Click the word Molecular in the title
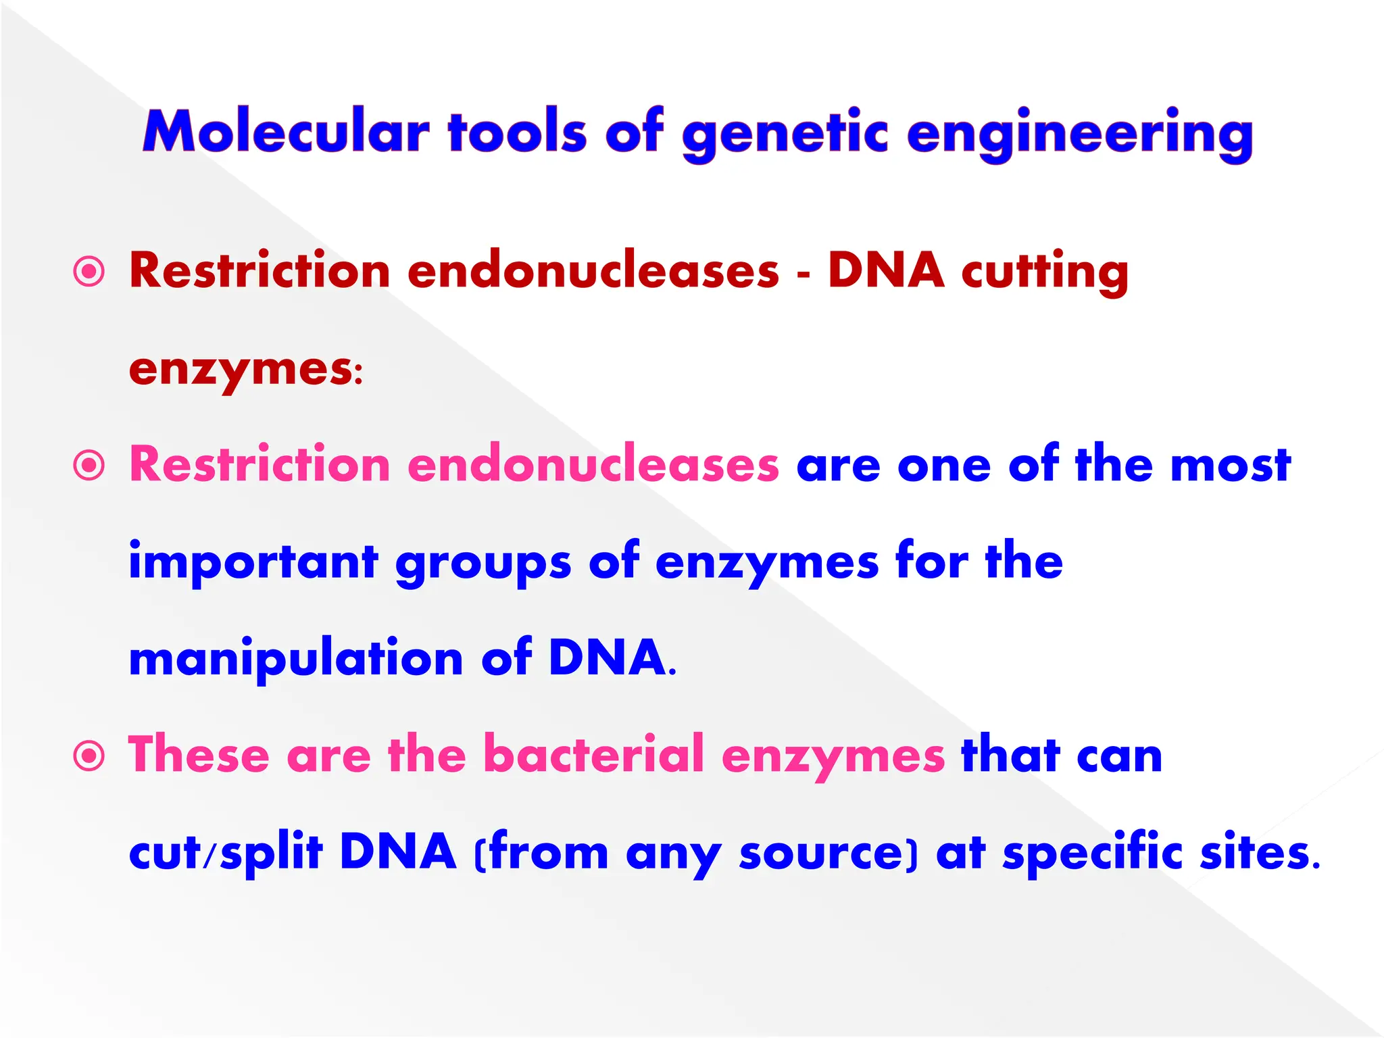286,132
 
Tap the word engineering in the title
1079,134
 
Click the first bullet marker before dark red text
89,272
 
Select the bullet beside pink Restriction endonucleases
89,466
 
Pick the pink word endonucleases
593,465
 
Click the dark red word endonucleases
593,271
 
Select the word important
253,562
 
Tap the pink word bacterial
594,754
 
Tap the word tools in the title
517,132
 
